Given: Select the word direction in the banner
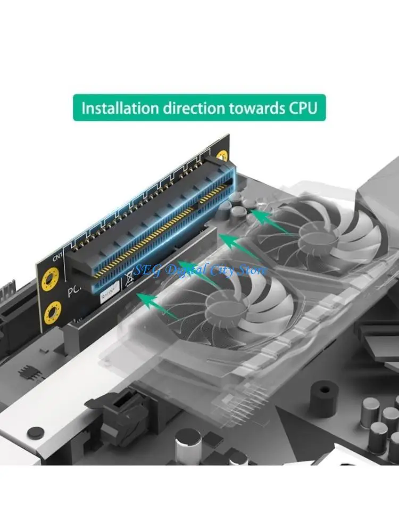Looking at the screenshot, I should click(185, 108).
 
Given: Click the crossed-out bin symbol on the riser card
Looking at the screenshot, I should click(129, 276).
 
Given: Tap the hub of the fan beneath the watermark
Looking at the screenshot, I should click(223, 305).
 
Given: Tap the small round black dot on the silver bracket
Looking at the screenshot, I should click(35, 431).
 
